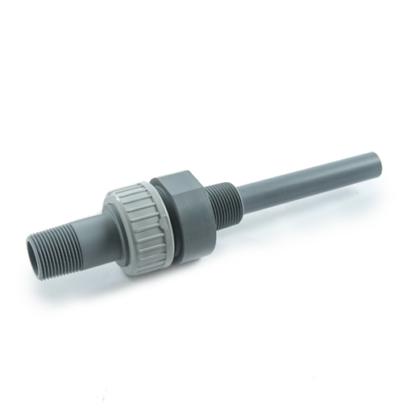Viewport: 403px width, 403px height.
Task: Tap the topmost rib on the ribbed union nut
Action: pyautogui.click(x=129, y=189)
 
